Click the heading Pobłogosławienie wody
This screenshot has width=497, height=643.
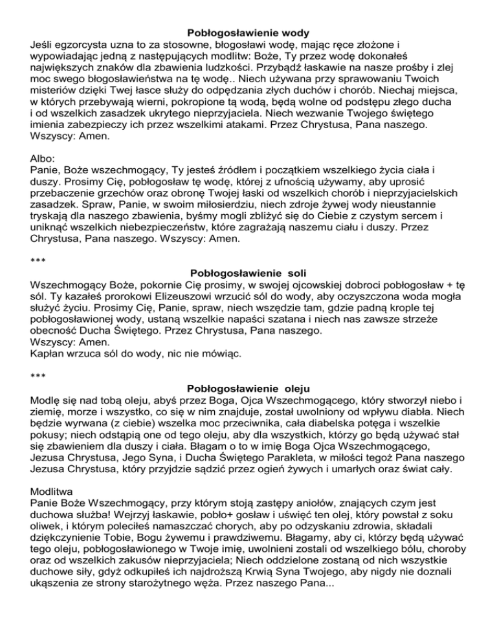[x=248, y=32]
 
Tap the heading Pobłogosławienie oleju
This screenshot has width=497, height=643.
[x=248, y=389]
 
